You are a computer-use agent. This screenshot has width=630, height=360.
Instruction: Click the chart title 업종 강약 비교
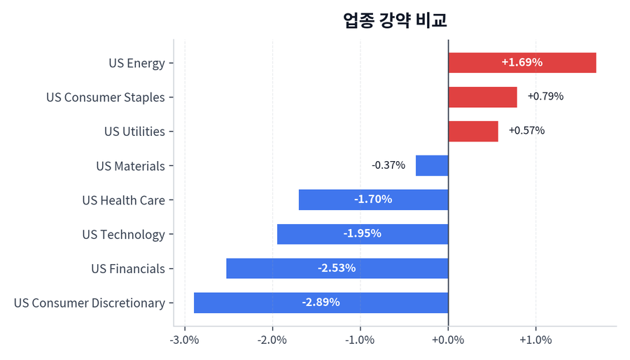click(x=395, y=20)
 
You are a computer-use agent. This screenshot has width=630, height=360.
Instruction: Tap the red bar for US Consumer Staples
click(x=482, y=97)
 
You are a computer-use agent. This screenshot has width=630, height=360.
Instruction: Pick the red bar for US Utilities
click(x=472, y=131)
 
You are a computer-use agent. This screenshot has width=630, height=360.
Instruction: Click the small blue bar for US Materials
click(x=432, y=165)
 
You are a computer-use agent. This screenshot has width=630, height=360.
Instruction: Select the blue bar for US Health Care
click(x=373, y=200)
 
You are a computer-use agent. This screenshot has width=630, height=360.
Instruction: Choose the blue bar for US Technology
click(x=363, y=234)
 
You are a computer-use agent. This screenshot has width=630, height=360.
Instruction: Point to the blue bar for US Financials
click(x=337, y=268)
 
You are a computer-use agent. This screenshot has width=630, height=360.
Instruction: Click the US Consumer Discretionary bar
click(x=321, y=303)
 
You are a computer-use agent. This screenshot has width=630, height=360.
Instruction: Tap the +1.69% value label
click(x=521, y=62)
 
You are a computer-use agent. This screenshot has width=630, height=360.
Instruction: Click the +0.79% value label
click(x=545, y=96)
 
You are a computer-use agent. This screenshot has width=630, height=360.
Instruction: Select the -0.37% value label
click(x=388, y=165)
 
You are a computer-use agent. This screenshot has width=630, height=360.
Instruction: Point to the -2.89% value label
click(x=321, y=303)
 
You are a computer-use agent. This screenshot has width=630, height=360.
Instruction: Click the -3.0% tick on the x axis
click(x=185, y=340)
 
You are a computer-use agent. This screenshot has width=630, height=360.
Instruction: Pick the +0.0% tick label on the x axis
click(x=448, y=340)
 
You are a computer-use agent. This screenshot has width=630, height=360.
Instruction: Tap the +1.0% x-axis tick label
click(x=535, y=340)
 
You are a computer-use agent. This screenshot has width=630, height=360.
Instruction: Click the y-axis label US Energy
click(x=136, y=63)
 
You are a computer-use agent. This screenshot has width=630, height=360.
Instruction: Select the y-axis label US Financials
click(x=128, y=269)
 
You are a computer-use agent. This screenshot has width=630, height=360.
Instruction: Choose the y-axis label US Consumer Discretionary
click(x=90, y=303)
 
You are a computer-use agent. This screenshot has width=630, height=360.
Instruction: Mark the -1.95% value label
click(x=363, y=234)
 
